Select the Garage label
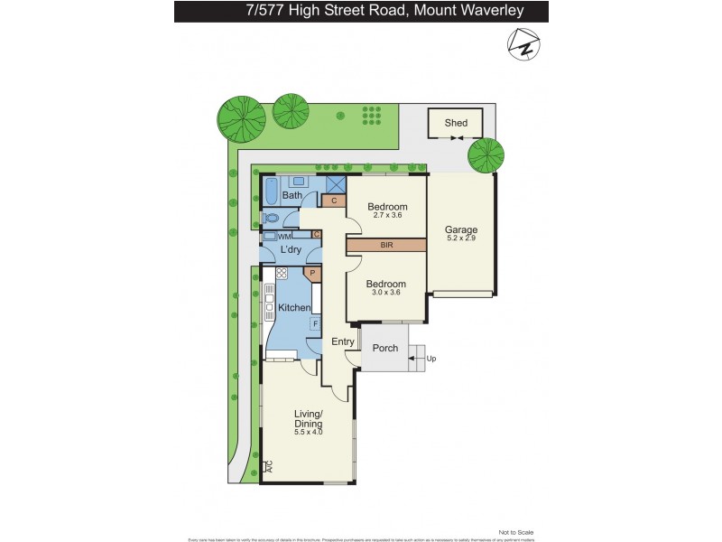tap(460, 229)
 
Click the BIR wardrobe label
tap(386, 245)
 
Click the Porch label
tap(385, 348)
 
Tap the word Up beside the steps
tap(431, 360)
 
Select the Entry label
tap(343, 341)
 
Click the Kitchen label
tap(294, 308)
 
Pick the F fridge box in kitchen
tap(315, 323)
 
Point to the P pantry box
tap(312, 272)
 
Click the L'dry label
tap(291, 249)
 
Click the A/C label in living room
tap(268, 467)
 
